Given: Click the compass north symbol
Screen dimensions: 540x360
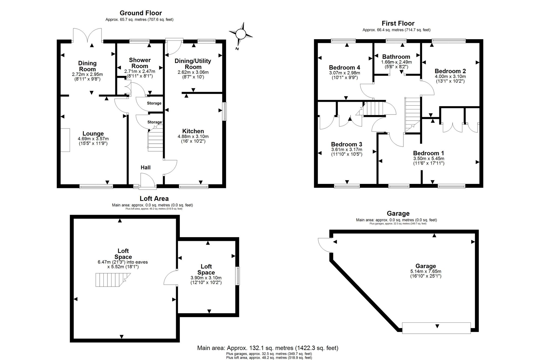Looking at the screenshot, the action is point(241,35).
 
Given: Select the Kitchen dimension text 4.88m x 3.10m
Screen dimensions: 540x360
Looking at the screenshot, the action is point(193,137).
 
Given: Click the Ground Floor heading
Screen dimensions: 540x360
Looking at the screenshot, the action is point(141,13).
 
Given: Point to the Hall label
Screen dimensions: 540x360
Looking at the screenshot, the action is point(146,167).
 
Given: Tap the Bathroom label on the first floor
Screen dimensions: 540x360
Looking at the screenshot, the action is point(396,57).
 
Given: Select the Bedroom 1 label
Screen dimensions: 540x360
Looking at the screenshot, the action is point(428,153).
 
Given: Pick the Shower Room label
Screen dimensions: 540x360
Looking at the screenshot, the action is point(140,63).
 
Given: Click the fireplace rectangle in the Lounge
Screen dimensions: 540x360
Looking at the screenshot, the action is point(65,140).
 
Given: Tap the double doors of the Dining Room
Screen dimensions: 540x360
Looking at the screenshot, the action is point(87,35).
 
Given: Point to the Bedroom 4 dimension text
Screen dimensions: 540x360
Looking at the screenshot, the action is point(345,75).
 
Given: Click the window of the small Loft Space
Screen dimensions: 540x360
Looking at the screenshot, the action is point(237,276).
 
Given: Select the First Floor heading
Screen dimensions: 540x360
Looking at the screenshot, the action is point(398,23).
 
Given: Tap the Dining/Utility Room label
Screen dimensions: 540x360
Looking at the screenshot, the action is point(193,64).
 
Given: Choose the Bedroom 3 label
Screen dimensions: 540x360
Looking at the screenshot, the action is point(347,144).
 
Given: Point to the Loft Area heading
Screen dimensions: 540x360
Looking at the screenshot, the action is point(154,198).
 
